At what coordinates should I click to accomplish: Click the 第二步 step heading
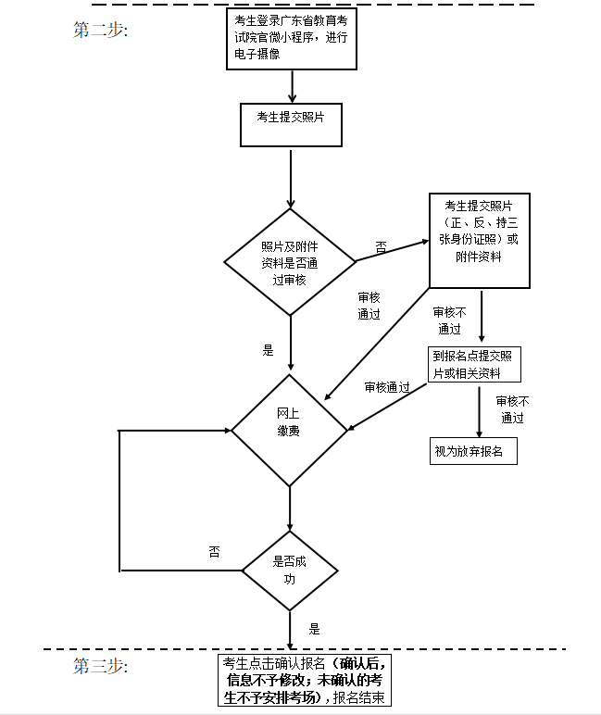[x=100, y=30]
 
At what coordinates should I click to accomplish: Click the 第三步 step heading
[x=100, y=666]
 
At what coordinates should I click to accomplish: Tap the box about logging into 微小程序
[x=291, y=38]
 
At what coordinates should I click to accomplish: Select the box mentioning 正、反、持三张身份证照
[x=479, y=241]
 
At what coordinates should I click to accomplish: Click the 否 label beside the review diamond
[x=381, y=247]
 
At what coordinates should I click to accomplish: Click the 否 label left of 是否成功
[x=214, y=552]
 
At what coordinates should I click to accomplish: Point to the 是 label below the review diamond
[x=269, y=351]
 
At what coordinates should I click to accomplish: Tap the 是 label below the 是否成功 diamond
[x=314, y=629]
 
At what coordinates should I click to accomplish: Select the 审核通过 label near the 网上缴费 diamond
[x=387, y=387]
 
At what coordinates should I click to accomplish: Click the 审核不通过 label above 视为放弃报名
[x=512, y=408]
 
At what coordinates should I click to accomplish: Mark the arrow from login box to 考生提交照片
[x=292, y=85]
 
